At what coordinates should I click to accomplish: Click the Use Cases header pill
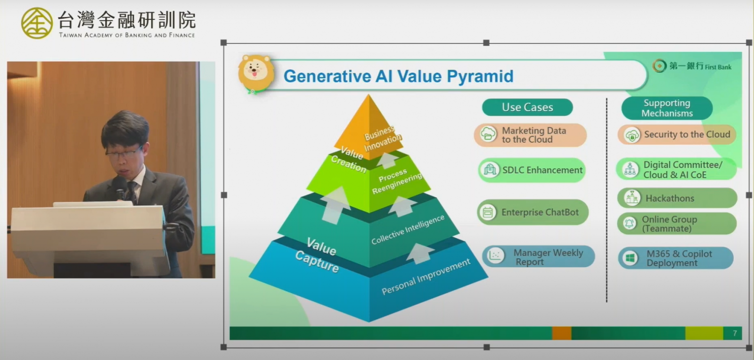(x=527, y=107)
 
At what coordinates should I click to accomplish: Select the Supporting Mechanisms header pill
(x=667, y=108)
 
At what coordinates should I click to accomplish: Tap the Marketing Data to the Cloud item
(x=530, y=135)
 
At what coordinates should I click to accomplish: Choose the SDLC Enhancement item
(x=532, y=170)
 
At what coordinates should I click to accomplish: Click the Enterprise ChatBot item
(x=533, y=213)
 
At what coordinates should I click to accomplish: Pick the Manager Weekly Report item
(x=538, y=257)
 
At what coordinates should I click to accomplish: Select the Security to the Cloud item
(x=677, y=135)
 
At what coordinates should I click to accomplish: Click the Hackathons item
(x=677, y=198)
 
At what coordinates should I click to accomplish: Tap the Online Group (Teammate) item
(x=677, y=224)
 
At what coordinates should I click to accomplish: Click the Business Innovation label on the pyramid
(x=383, y=138)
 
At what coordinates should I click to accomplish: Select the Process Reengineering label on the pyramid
(x=396, y=181)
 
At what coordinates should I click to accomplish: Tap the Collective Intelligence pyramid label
(x=408, y=229)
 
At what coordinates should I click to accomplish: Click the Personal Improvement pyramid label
(x=426, y=277)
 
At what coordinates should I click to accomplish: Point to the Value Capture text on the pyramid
(x=317, y=255)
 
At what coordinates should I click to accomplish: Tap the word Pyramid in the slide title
(x=480, y=76)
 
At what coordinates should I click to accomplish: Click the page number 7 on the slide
(x=735, y=333)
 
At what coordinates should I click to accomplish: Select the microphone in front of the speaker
(x=120, y=187)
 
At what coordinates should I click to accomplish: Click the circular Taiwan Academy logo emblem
(x=37, y=23)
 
